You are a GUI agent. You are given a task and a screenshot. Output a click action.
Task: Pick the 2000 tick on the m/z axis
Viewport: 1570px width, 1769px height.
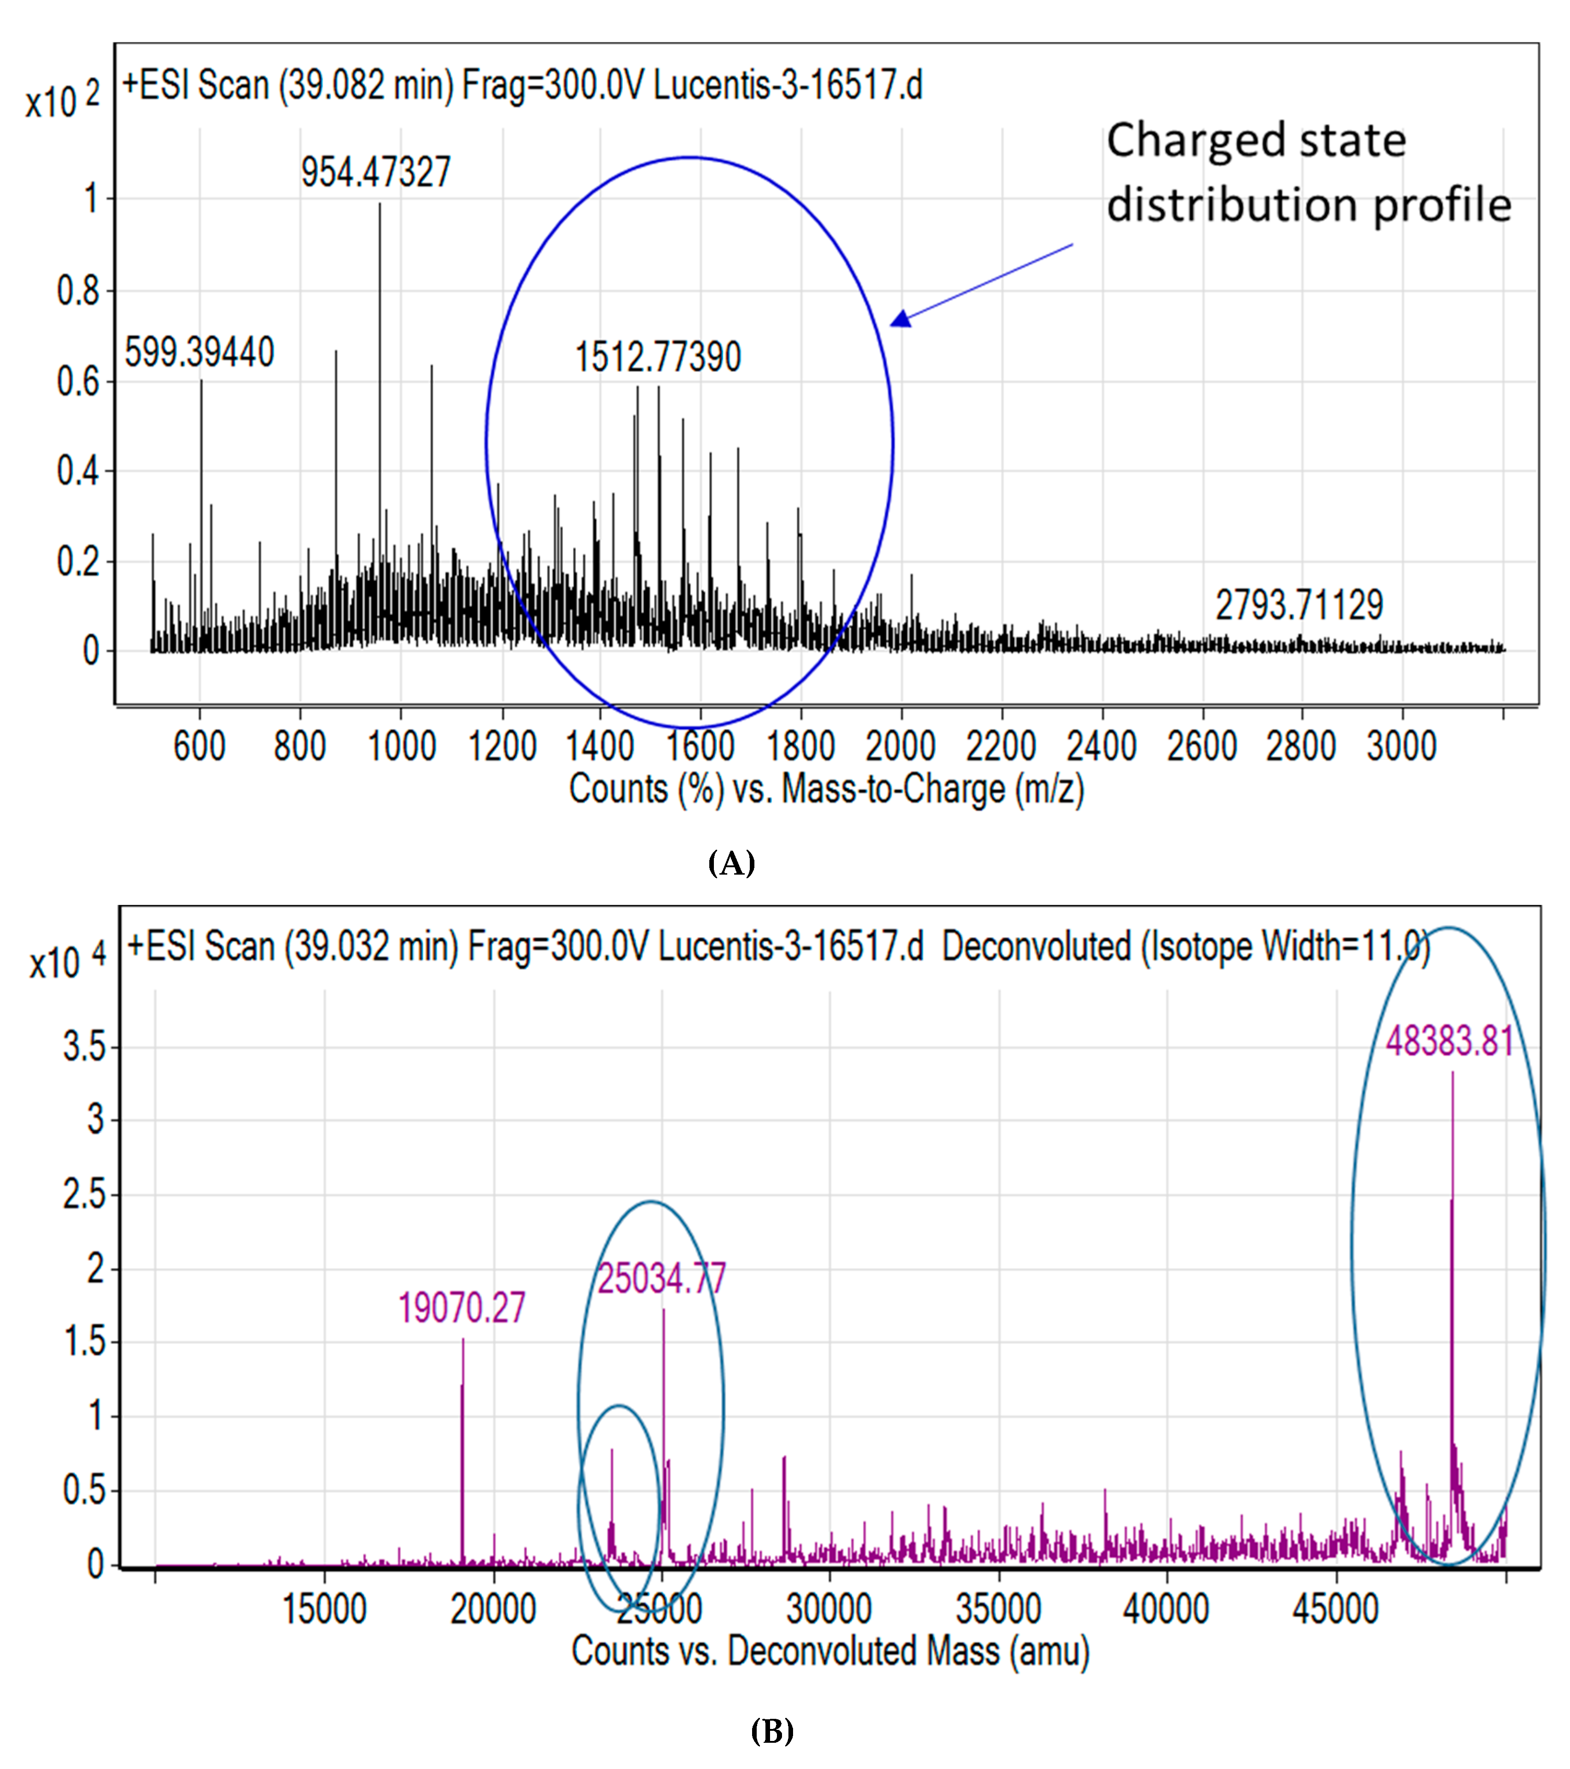click(900, 746)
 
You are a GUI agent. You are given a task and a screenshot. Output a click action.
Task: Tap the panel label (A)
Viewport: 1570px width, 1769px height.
click(731, 863)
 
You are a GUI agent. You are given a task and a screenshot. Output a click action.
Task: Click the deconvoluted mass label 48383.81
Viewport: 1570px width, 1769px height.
click(1450, 1040)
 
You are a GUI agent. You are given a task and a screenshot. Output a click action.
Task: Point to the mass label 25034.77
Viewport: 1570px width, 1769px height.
click(662, 1278)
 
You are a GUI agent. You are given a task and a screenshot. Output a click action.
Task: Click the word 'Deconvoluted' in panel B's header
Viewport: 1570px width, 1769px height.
click(1036, 946)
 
